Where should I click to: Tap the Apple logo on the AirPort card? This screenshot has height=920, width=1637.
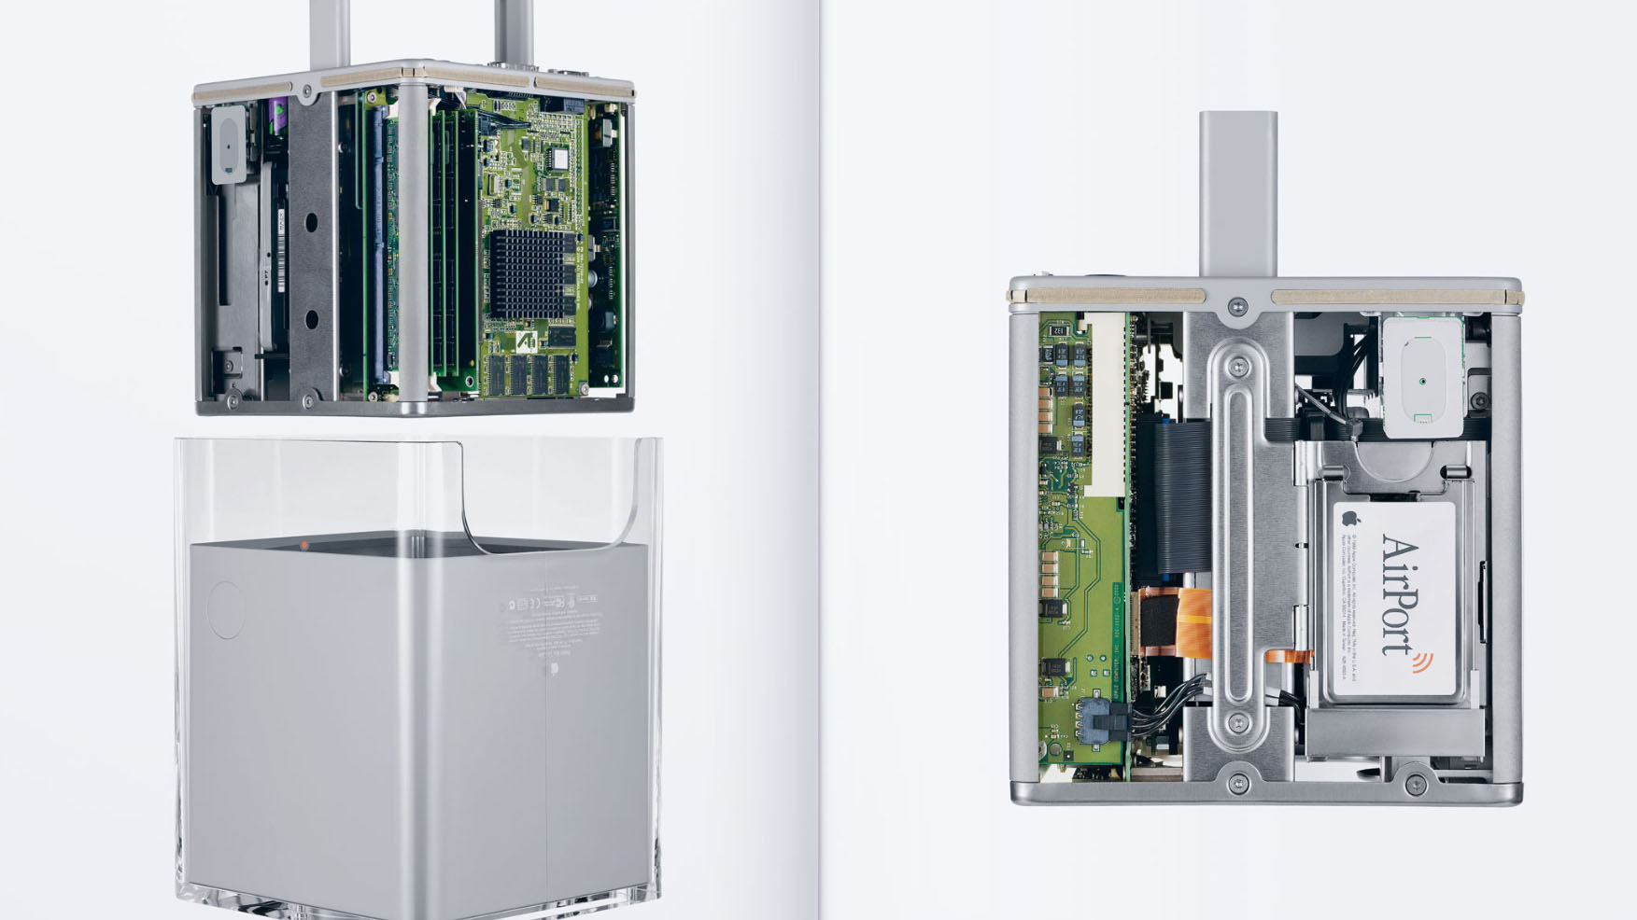point(1348,518)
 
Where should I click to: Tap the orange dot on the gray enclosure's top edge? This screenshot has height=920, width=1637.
point(304,545)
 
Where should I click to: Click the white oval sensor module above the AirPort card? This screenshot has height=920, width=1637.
point(1419,378)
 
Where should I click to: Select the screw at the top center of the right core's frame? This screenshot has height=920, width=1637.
point(1237,304)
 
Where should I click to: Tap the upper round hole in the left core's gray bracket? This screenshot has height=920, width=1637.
point(311,223)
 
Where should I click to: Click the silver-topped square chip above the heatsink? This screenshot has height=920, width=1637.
point(560,155)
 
